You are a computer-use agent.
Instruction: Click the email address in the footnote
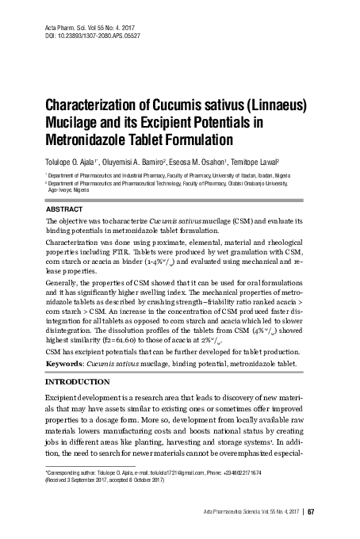pos(170,472)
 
